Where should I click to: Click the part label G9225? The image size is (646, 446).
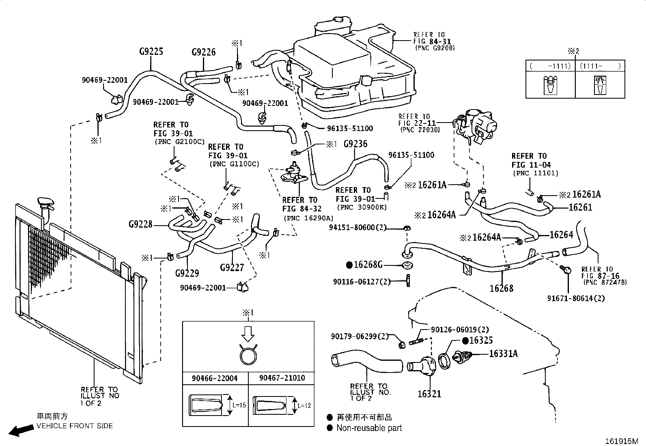click(x=151, y=52)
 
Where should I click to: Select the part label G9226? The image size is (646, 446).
click(x=204, y=52)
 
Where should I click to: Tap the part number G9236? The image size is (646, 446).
click(x=355, y=144)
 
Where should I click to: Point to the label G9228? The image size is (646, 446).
click(x=140, y=224)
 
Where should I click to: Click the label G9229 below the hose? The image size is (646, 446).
click(x=187, y=273)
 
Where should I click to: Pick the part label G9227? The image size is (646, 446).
click(x=232, y=268)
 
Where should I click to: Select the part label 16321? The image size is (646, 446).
click(x=429, y=394)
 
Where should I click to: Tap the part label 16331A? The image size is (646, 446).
click(x=503, y=353)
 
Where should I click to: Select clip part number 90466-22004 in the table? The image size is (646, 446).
click(x=215, y=378)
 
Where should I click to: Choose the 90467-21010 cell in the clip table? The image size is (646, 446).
click(x=282, y=378)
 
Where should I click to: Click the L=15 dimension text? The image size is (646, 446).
click(x=239, y=405)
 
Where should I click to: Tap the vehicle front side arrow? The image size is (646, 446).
click(x=21, y=430)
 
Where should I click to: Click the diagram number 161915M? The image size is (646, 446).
click(x=622, y=441)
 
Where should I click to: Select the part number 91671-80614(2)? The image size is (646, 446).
click(x=576, y=298)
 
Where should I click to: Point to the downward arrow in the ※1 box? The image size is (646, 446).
click(x=248, y=334)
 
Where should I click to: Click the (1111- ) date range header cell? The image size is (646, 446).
click(x=600, y=66)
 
